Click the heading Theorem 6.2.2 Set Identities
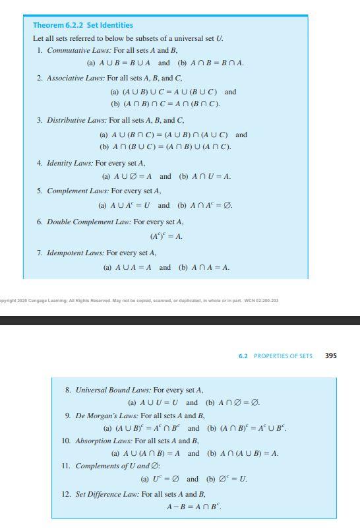(83, 25)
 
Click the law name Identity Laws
(69, 163)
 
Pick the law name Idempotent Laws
(75, 253)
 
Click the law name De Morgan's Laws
(106, 416)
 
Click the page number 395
(331, 356)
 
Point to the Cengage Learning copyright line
(139, 300)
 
